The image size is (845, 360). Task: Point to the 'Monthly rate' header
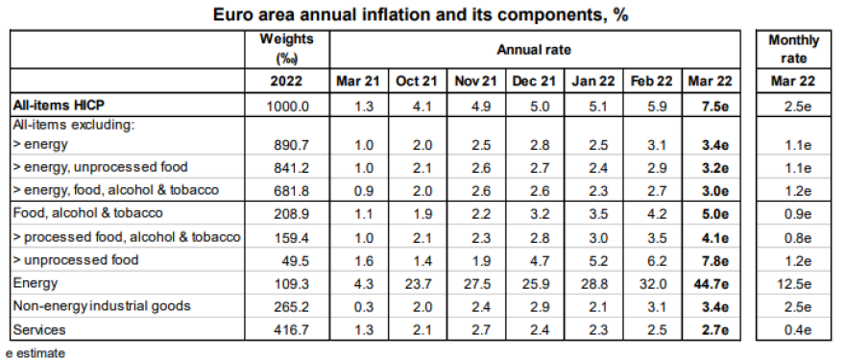(793, 48)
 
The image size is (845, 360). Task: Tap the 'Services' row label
(38, 329)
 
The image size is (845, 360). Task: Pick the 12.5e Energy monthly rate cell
(793, 283)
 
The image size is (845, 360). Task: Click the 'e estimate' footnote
(36, 351)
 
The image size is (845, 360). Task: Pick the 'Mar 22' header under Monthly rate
(793, 82)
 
